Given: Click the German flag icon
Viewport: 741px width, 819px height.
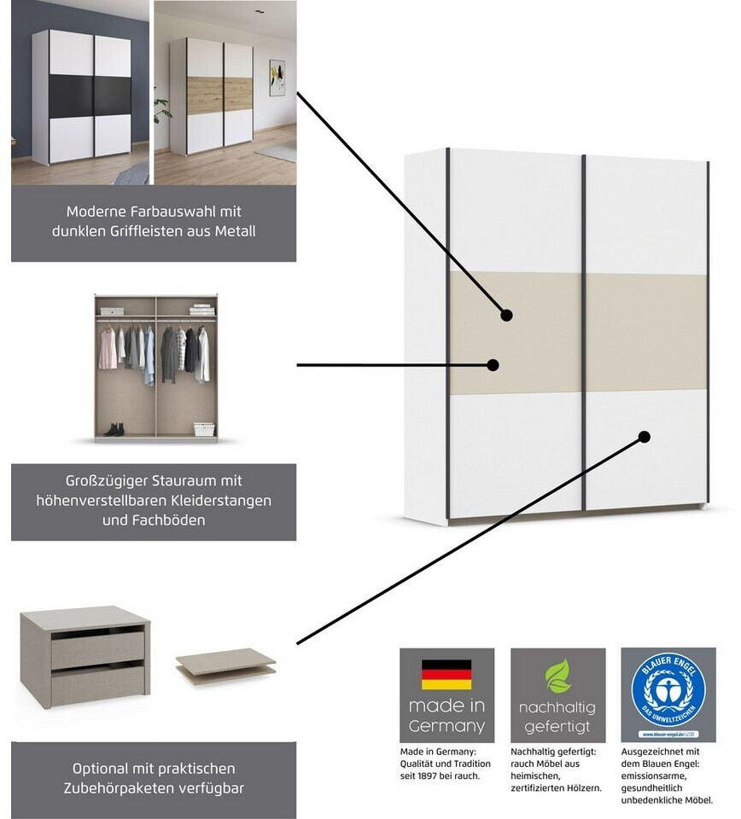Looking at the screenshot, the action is [446, 674].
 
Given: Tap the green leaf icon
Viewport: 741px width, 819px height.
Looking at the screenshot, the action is [557, 676].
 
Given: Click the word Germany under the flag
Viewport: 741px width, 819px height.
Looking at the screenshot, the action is [446, 727].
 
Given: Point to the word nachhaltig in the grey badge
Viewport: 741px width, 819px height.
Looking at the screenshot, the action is [557, 708].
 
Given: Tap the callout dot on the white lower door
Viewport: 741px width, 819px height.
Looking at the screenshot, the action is [645, 437].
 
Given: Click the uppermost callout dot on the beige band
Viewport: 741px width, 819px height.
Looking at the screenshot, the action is [506, 315].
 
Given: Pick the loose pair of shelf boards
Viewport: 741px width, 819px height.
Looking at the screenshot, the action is [226, 665].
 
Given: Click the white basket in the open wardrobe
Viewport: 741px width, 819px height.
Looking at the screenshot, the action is [203, 429].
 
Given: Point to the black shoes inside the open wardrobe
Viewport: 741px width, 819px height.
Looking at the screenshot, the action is [114, 430].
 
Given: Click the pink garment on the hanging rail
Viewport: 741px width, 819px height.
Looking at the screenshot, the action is [108, 348].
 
